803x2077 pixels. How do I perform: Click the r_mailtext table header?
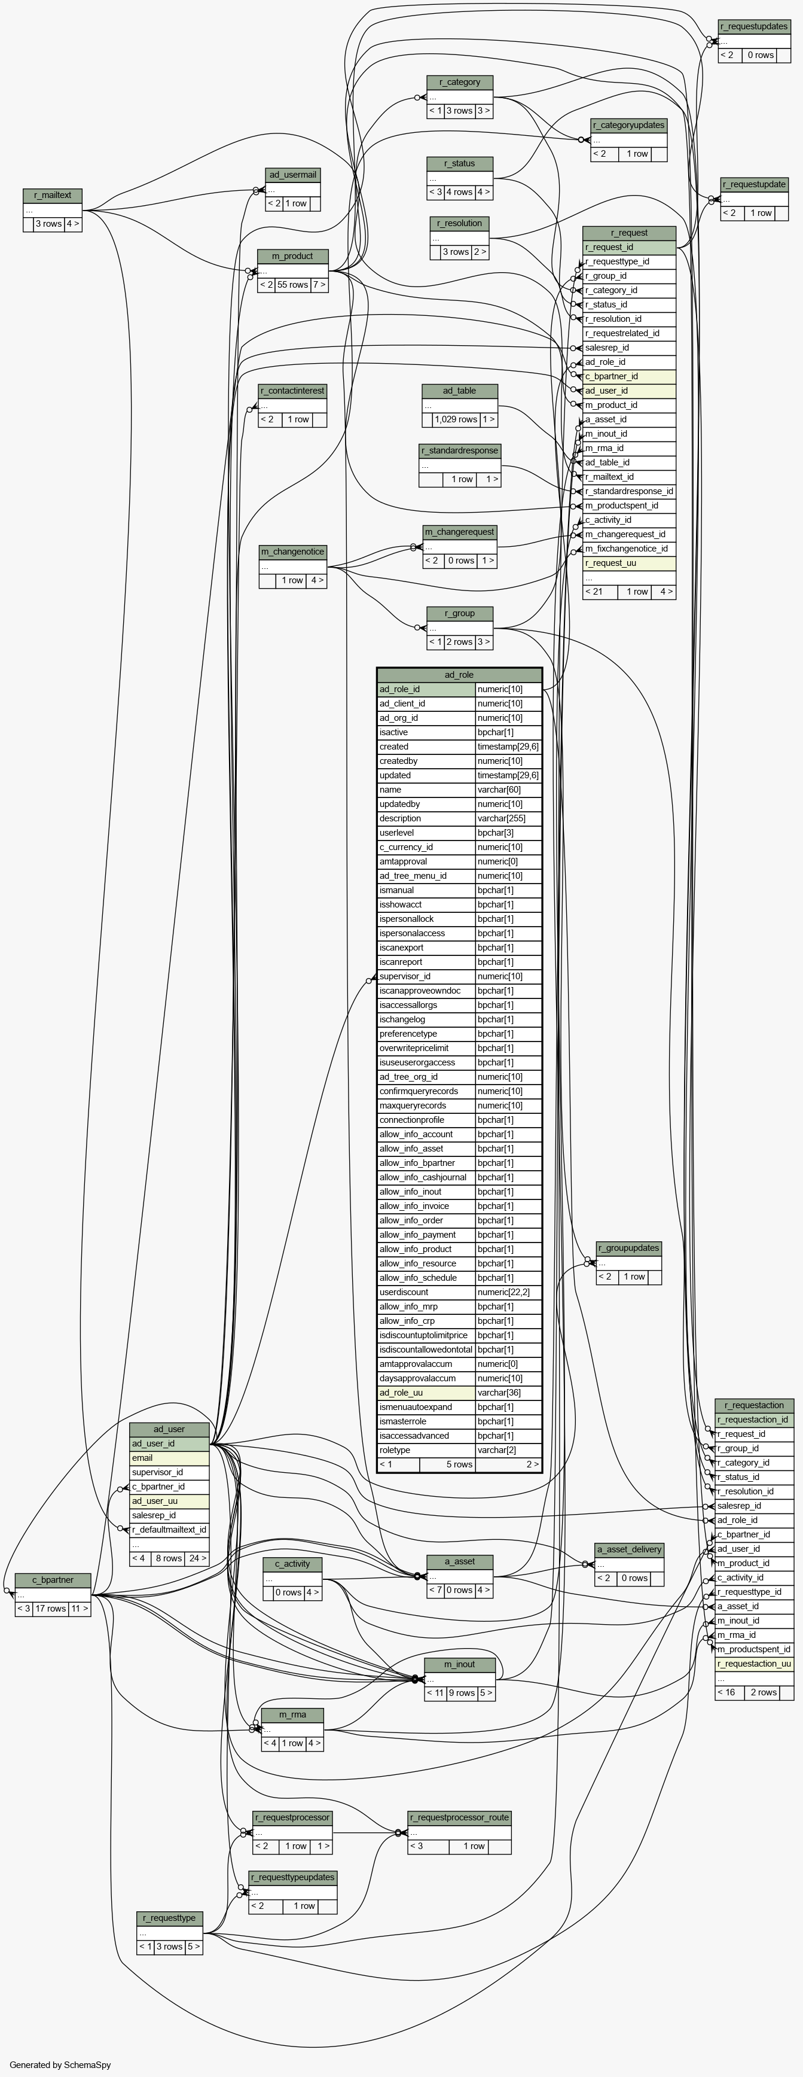(53, 195)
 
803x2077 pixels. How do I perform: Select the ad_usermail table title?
(292, 175)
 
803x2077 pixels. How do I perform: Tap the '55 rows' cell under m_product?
(292, 285)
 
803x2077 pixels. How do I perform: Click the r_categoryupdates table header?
(629, 125)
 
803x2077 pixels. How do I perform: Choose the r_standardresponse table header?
(460, 450)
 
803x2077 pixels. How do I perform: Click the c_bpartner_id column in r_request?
(629, 376)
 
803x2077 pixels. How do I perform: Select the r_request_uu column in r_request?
(629, 564)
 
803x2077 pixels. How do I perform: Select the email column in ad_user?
(169, 1458)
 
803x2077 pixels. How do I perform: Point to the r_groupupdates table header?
(629, 1248)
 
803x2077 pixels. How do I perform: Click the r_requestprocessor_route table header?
(460, 1817)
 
